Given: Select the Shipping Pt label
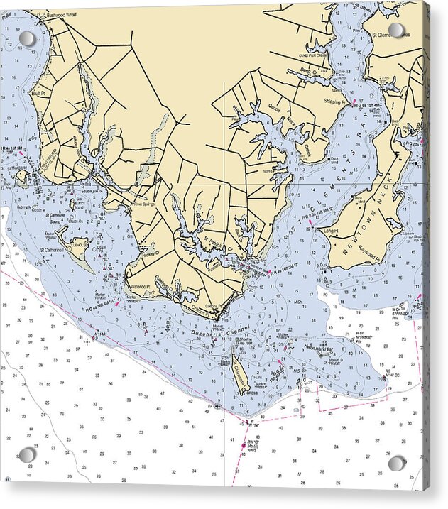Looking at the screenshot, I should click(334, 102).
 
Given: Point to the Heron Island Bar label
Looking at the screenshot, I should click(319, 349).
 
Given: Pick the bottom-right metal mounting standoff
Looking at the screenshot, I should click(397, 464).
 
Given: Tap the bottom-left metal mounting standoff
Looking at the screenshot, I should click(27, 454).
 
